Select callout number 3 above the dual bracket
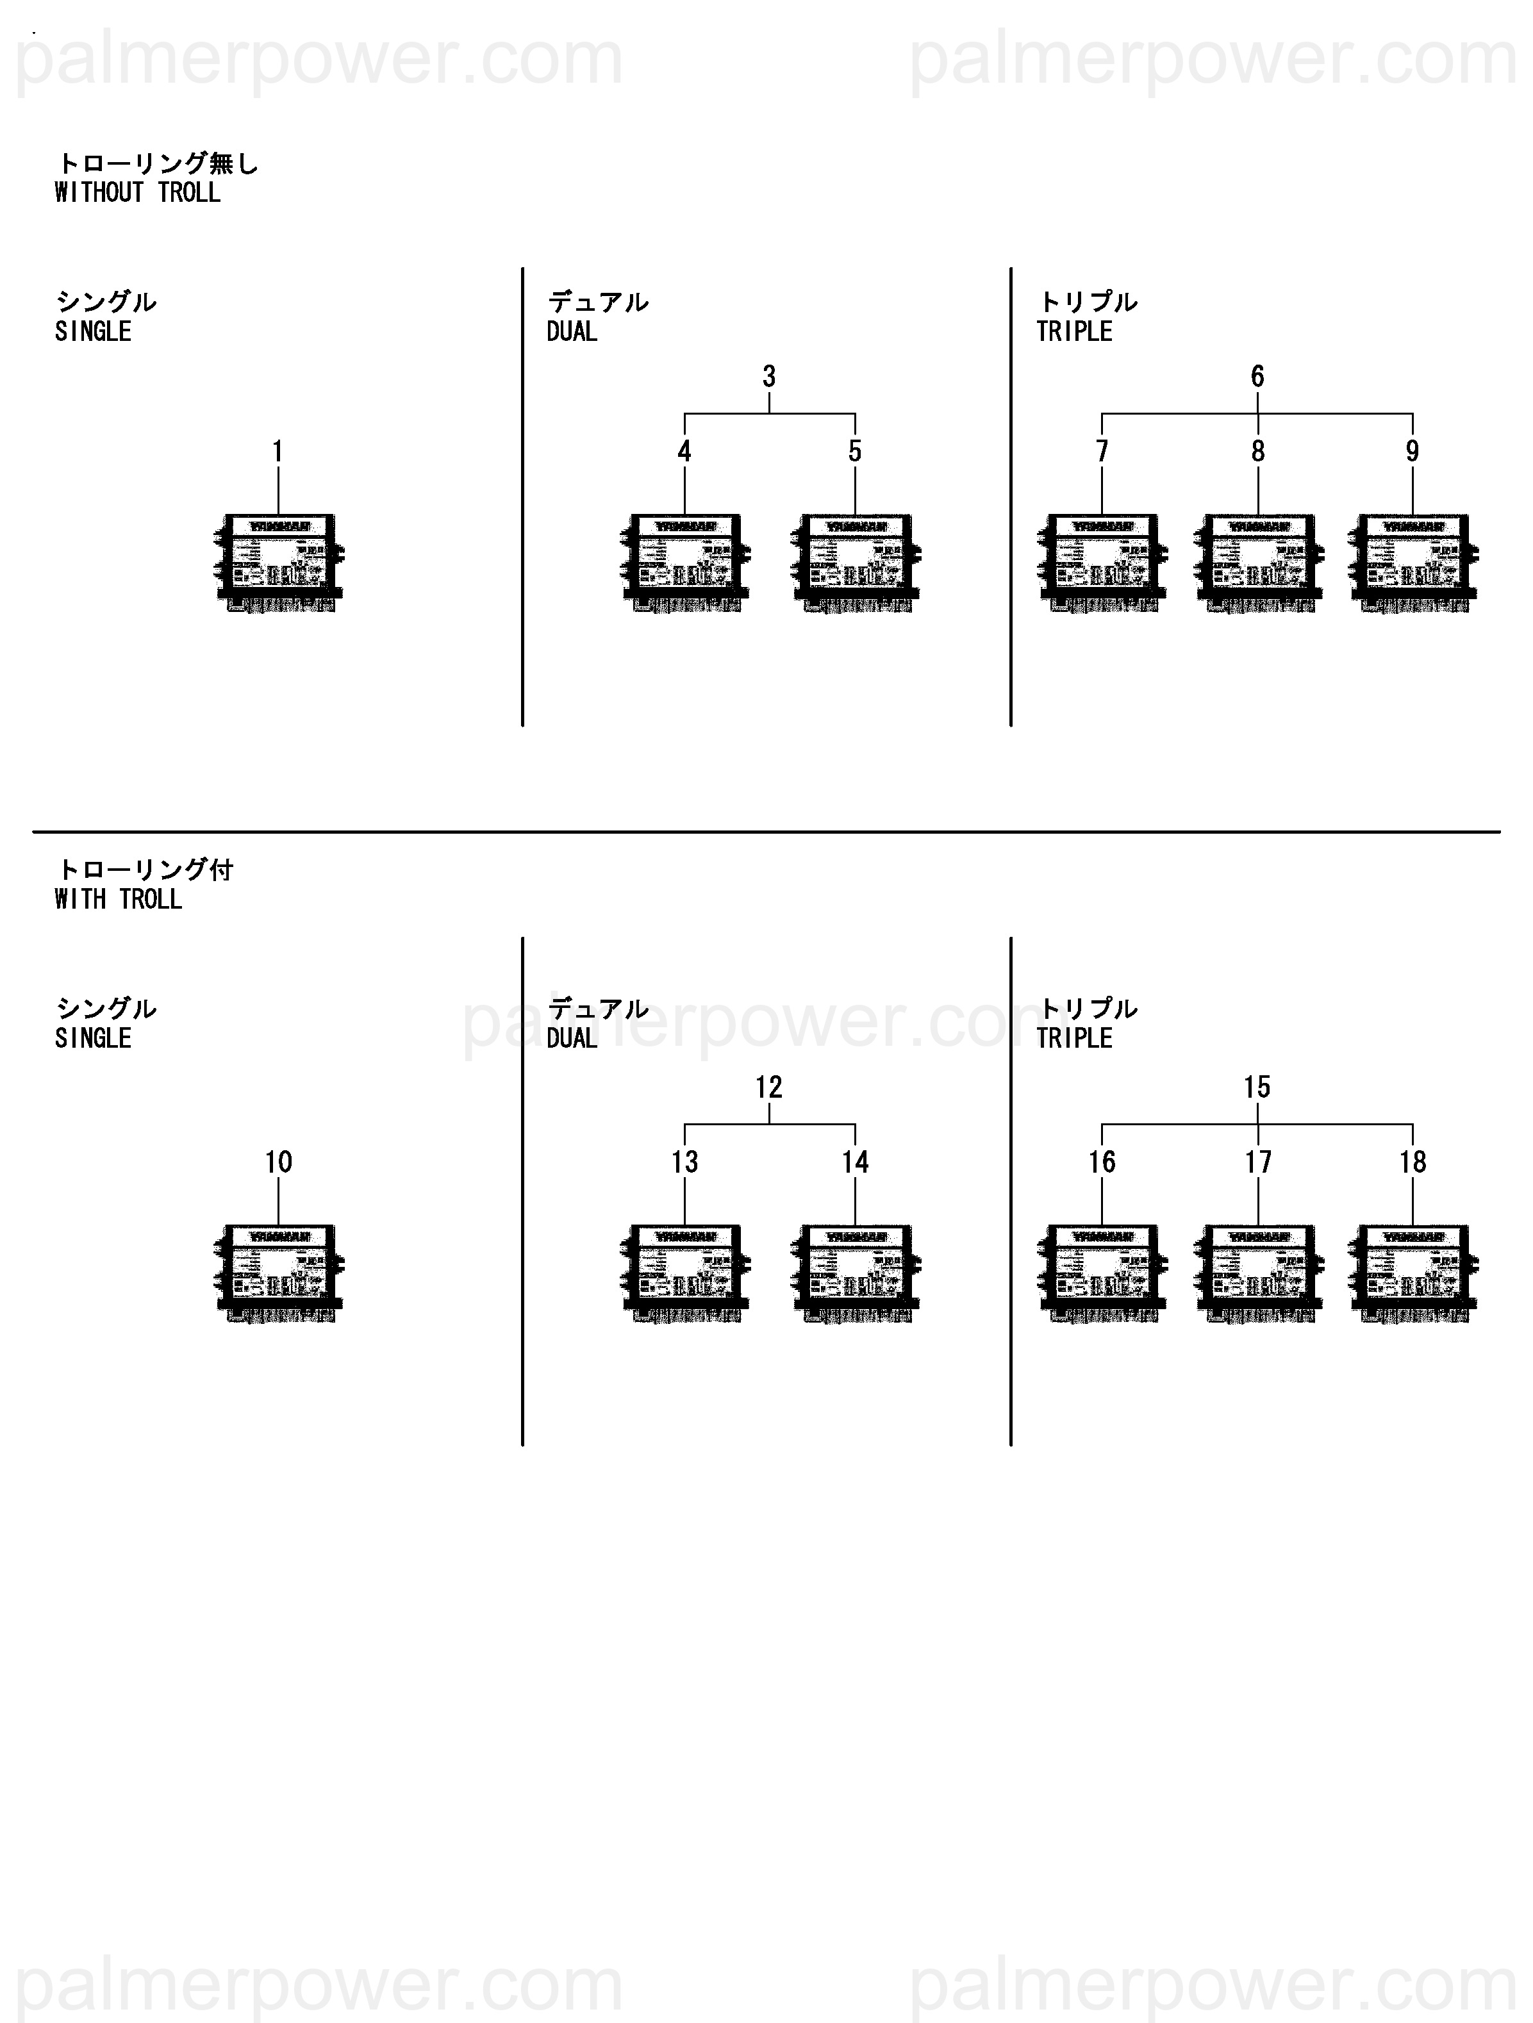coord(768,376)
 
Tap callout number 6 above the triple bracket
coord(1257,376)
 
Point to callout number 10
coord(278,1162)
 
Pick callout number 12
coord(768,1087)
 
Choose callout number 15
coord(1257,1087)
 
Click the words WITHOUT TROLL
coord(137,193)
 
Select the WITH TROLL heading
coord(118,899)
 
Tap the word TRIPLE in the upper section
coord(1074,332)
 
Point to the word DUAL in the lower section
coord(572,1038)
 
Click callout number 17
coord(1257,1162)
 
